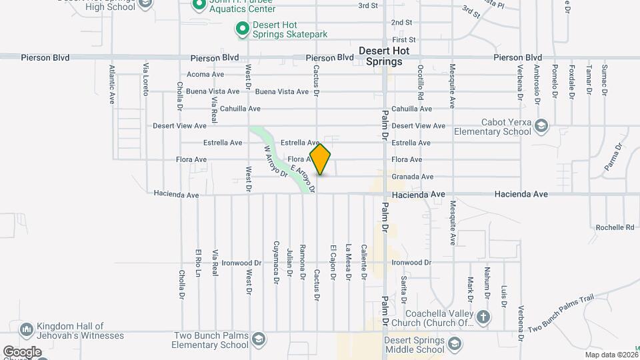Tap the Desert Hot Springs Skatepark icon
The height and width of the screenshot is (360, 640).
pyautogui.click(x=243, y=29)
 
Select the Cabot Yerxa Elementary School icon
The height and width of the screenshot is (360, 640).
pyautogui.click(x=541, y=126)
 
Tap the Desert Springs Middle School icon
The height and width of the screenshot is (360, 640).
pyautogui.click(x=455, y=344)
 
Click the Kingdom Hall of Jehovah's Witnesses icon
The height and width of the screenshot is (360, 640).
pyautogui.click(x=27, y=330)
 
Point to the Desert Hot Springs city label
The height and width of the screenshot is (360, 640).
pyautogui.click(x=380, y=56)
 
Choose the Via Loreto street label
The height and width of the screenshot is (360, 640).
pyautogui.click(x=145, y=79)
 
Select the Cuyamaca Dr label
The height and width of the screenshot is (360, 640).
pyautogui.click(x=276, y=263)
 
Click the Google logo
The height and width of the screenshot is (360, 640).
pyautogui.click(x=22, y=351)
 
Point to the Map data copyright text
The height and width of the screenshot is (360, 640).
pyautogui.click(x=611, y=355)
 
